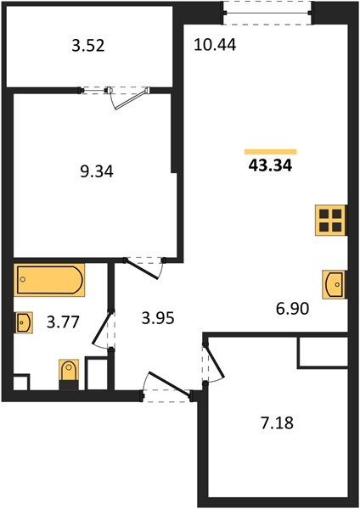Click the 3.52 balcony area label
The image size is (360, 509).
tap(88, 46)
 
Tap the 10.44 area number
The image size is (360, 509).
tap(215, 44)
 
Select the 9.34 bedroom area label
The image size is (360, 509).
tap(97, 171)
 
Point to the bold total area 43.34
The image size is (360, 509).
tap(270, 166)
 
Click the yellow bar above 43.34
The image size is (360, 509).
tap(271, 152)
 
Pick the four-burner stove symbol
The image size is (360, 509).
tap(330, 220)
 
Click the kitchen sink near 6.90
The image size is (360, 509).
tap(334, 284)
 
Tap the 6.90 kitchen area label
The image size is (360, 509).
tap(292, 309)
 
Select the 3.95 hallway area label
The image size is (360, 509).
tap(158, 318)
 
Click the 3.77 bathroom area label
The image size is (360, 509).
tap(63, 322)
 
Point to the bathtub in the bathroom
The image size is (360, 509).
tap(49, 280)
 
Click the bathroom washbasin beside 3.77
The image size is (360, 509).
tap(24, 322)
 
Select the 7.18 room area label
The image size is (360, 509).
tap(277, 423)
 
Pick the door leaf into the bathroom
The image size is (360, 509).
tap(102, 327)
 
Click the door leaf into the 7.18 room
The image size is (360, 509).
tap(215, 361)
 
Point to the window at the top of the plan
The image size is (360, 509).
tap(267, 13)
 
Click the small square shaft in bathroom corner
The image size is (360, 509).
tap(20, 383)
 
